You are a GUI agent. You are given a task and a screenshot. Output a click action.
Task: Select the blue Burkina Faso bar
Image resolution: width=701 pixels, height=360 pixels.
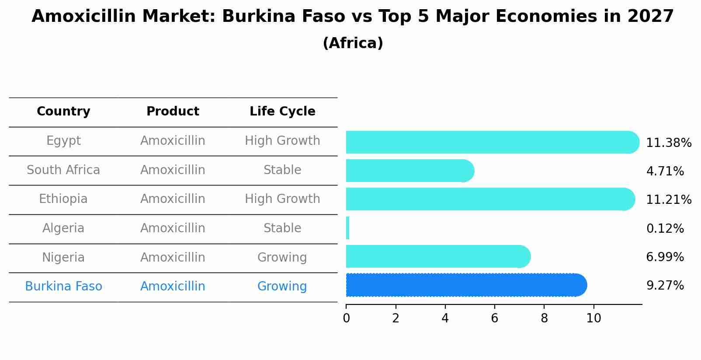tap(465, 285)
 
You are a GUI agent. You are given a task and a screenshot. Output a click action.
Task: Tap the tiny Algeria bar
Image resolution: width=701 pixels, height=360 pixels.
tap(347, 228)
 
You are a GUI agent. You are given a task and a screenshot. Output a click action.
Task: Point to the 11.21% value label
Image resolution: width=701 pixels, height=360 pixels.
tap(668, 200)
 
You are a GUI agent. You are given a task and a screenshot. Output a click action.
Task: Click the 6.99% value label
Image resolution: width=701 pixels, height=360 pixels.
tap(665, 257)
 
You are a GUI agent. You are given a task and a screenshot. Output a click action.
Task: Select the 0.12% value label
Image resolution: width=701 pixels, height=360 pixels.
tap(665, 229)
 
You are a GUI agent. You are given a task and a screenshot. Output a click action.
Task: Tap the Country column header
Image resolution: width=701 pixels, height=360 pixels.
tap(63, 112)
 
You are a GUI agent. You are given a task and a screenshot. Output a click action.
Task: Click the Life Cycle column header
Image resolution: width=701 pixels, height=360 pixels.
tap(282, 112)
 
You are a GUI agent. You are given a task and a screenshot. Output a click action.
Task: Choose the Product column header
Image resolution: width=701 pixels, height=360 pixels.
tap(173, 112)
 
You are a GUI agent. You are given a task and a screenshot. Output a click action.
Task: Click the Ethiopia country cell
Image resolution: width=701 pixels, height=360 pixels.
tap(63, 199)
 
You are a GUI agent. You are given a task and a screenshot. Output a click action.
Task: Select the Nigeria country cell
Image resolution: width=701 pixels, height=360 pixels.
tap(63, 258)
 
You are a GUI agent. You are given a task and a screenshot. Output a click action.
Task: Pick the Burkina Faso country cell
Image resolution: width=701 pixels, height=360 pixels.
tap(63, 287)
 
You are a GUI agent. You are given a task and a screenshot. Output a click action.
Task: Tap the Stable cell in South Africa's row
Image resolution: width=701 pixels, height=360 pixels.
tap(282, 170)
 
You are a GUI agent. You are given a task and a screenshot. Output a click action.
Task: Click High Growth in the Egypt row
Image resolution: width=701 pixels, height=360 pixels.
tap(282, 141)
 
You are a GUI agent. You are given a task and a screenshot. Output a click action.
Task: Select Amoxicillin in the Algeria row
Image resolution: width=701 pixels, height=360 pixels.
tap(173, 228)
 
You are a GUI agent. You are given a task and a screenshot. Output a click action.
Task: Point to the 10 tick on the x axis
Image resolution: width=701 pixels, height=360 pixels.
tap(593, 318)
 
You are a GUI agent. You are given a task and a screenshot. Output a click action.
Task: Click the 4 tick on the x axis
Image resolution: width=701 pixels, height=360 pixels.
tap(445, 318)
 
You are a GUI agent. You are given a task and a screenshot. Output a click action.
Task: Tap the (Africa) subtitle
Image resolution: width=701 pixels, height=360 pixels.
tap(353, 43)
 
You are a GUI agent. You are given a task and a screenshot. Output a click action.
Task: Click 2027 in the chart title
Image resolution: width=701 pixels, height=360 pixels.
tap(650, 17)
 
